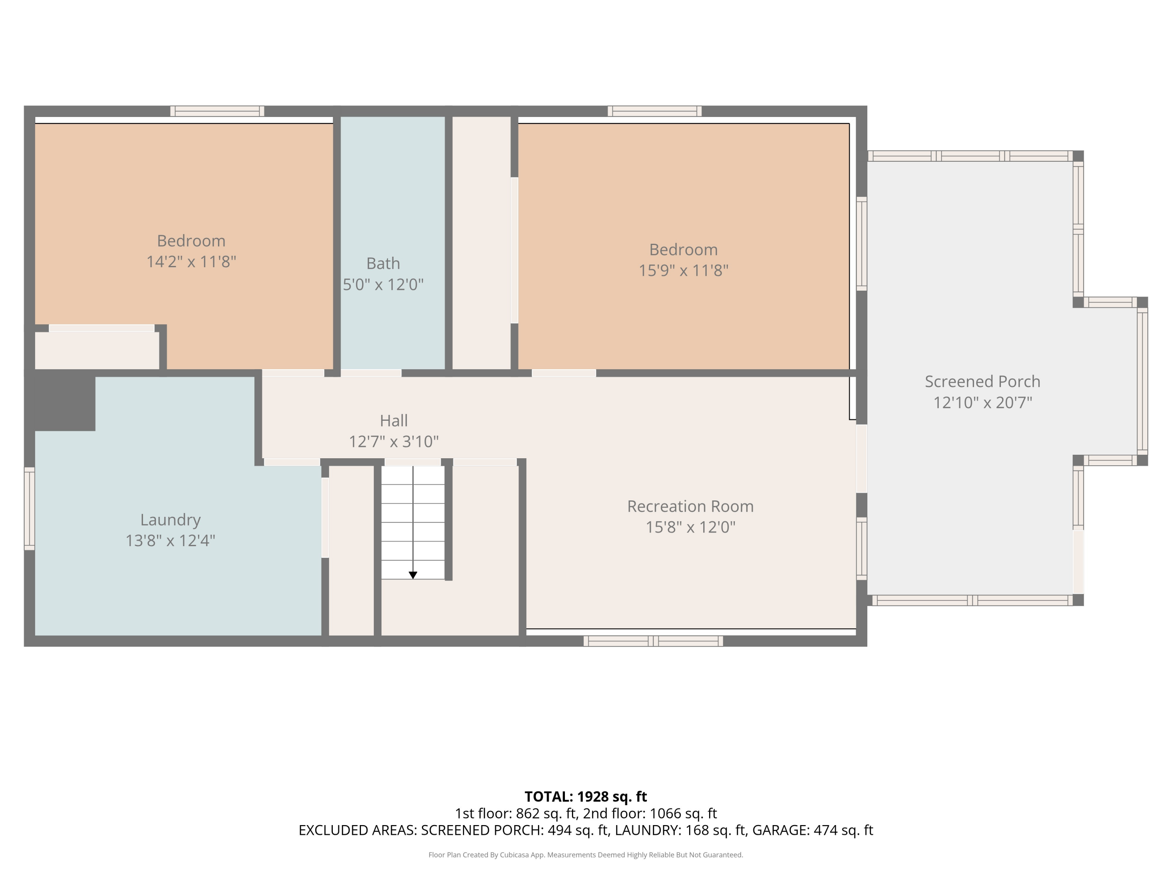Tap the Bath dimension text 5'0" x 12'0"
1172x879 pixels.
coord(383,284)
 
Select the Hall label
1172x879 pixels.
coord(394,421)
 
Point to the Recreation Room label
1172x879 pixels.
coord(690,506)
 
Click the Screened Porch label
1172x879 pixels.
coord(982,381)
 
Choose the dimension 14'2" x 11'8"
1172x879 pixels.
coord(191,262)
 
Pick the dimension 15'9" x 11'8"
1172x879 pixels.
coord(684,270)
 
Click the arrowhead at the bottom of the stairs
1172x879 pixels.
coord(413,575)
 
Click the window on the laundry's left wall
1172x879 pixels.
coord(30,509)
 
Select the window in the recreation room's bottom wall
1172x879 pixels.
coord(653,641)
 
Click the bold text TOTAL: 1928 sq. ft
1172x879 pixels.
coord(586,797)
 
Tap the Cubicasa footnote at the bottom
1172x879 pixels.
coord(586,855)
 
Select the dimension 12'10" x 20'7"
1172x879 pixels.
coord(982,403)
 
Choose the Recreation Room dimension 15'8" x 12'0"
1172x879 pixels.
coord(690,527)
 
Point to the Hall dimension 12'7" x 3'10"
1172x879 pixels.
coord(394,441)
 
